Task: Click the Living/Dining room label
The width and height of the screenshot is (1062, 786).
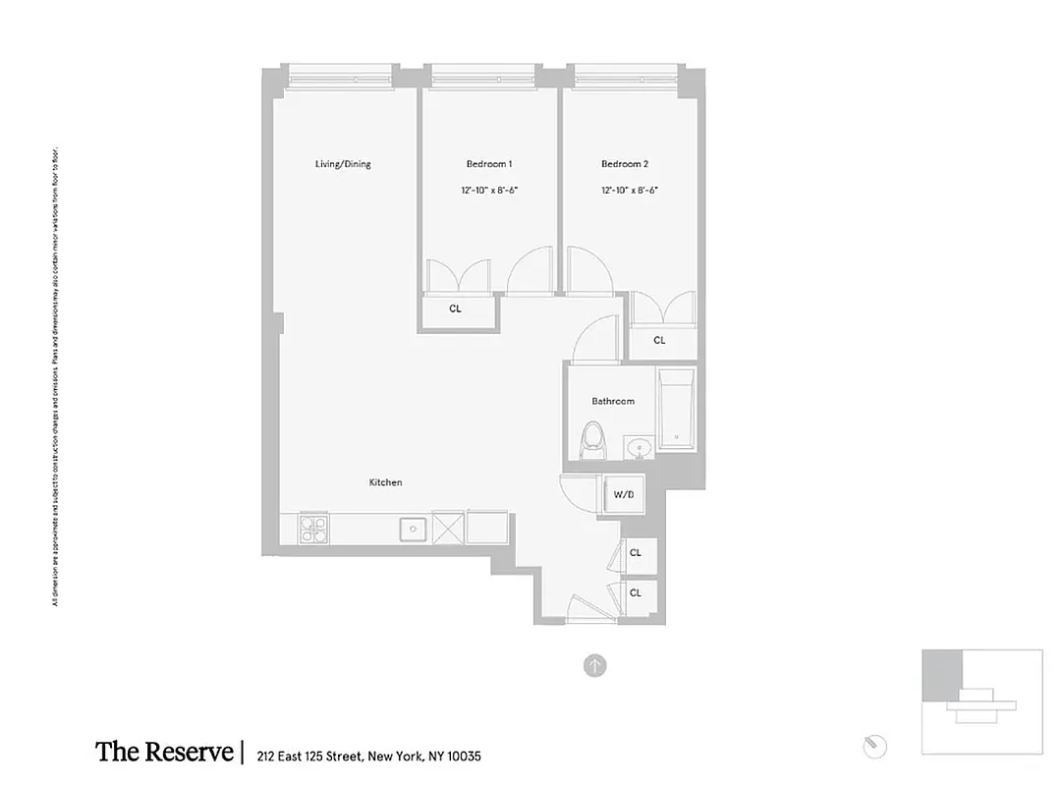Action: [343, 164]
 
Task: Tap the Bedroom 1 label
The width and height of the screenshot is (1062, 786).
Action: [488, 164]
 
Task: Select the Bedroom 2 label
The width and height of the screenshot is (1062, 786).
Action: [625, 164]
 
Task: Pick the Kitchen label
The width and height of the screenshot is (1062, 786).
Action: [385, 482]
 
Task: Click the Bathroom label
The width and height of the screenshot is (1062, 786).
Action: [612, 401]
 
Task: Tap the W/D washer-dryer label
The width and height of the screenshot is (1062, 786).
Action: [624, 494]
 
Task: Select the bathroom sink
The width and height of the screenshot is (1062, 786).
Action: [641, 449]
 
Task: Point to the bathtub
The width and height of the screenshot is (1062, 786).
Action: [676, 411]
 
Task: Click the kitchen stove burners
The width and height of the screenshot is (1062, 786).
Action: [313, 529]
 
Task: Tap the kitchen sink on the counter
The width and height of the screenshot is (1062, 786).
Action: [413, 530]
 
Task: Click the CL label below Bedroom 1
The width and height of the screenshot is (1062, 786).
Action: [455, 309]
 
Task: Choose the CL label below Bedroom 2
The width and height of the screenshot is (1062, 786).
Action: [659, 341]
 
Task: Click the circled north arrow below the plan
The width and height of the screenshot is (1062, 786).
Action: [594, 666]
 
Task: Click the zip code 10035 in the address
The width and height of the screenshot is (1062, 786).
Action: [463, 757]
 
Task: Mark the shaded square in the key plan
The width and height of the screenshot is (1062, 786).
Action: [940, 675]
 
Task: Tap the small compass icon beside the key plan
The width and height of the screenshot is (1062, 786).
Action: [874, 746]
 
